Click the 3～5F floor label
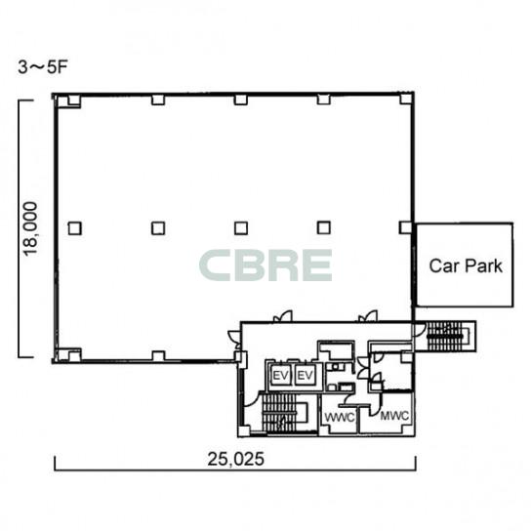pos(43,67)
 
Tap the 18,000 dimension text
pos(29,229)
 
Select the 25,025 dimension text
pos(235,459)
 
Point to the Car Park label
pos(466,265)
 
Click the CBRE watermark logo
pos(265,265)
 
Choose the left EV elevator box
pos(280,375)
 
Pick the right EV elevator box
pos(306,375)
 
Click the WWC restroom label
pos(340,417)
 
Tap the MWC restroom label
pos(394,416)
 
